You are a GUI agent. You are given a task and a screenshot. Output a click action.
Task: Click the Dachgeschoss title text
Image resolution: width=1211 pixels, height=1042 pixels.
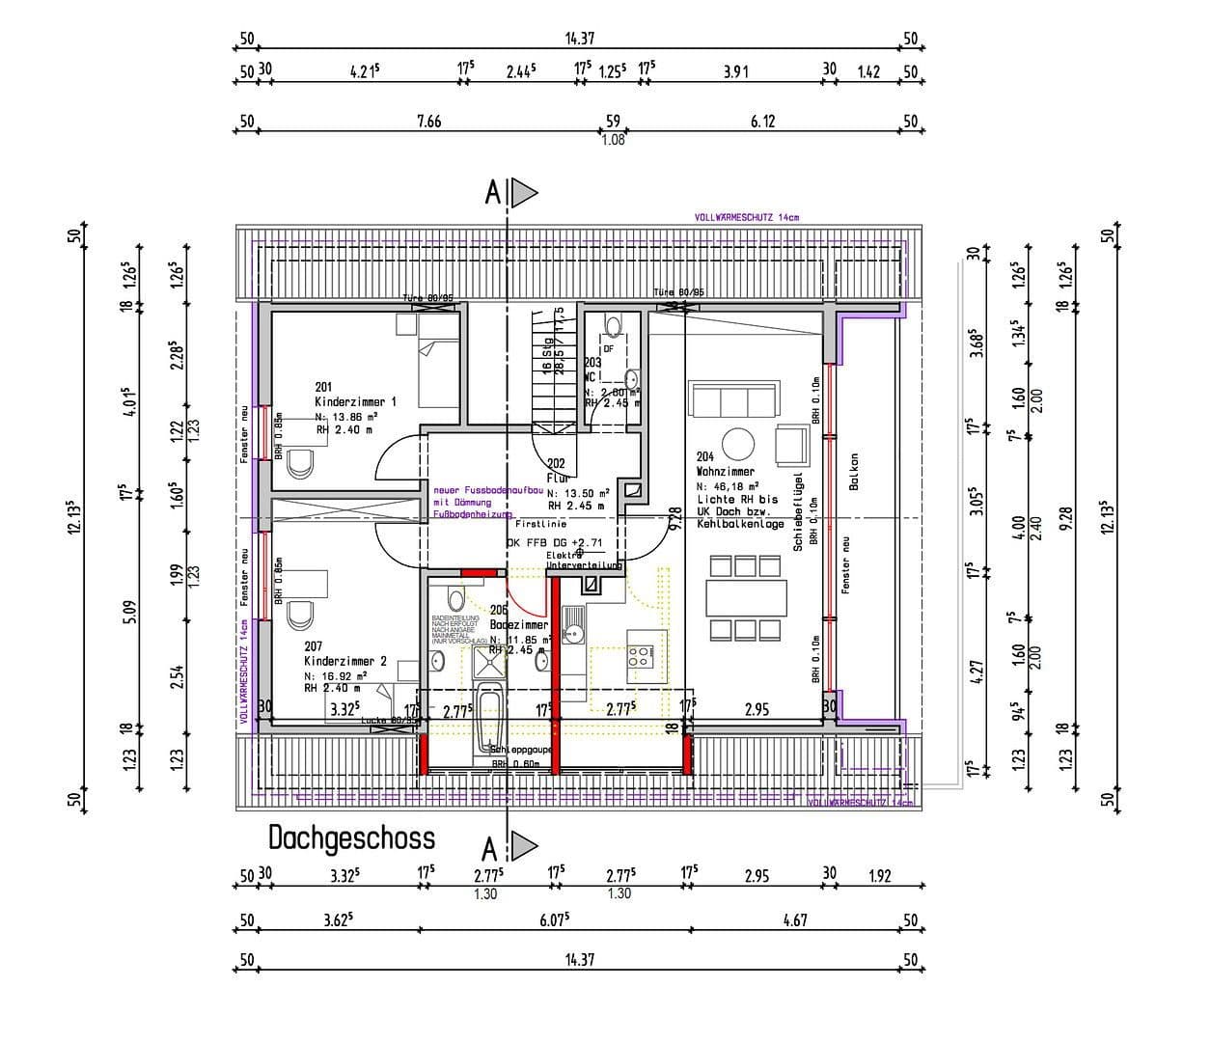pyautogui.click(x=351, y=837)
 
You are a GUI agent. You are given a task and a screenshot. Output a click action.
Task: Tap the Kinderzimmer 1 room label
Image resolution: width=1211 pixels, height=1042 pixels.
pyautogui.click(x=355, y=401)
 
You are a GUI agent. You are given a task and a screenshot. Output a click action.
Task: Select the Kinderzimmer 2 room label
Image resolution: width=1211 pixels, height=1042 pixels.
pyautogui.click(x=344, y=661)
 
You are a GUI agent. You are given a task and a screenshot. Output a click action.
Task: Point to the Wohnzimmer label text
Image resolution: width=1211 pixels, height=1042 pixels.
pyautogui.click(x=725, y=473)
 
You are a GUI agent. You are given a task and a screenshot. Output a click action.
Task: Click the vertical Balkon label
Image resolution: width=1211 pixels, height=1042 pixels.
pyautogui.click(x=854, y=472)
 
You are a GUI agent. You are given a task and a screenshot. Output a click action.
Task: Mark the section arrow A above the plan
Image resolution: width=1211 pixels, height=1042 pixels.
pyautogui.click(x=522, y=194)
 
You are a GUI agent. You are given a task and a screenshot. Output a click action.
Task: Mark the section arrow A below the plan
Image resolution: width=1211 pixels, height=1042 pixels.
pyautogui.click(x=522, y=848)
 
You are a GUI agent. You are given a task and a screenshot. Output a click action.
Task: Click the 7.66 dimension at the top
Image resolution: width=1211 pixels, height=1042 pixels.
pyautogui.click(x=428, y=121)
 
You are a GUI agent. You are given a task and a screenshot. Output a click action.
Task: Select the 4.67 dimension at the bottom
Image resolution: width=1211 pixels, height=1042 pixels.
pyautogui.click(x=794, y=920)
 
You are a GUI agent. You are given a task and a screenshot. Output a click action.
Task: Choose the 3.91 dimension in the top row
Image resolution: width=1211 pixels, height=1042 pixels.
pyautogui.click(x=735, y=71)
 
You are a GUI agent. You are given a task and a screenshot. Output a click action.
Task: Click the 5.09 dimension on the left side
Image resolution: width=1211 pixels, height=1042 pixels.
pyautogui.click(x=127, y=613)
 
